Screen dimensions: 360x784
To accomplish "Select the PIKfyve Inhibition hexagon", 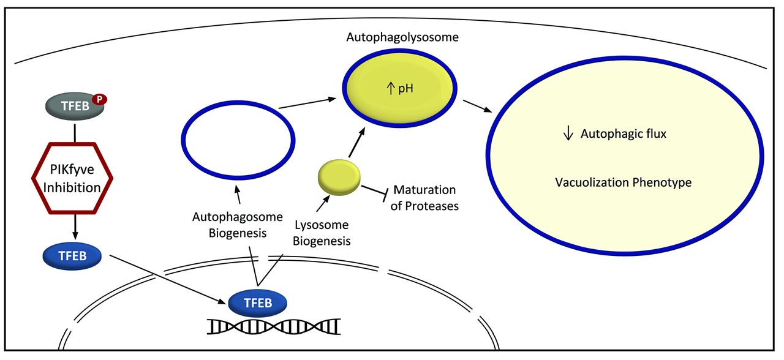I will click(72, 178).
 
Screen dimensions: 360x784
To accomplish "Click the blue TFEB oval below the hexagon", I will click(71, 256).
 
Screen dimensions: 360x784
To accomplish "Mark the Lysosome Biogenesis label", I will click(322, 233).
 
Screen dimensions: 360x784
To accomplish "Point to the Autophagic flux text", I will click(623, 133).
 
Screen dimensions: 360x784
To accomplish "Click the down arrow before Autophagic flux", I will click(568, 133).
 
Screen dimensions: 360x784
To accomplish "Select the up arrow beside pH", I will click(389, 89).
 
